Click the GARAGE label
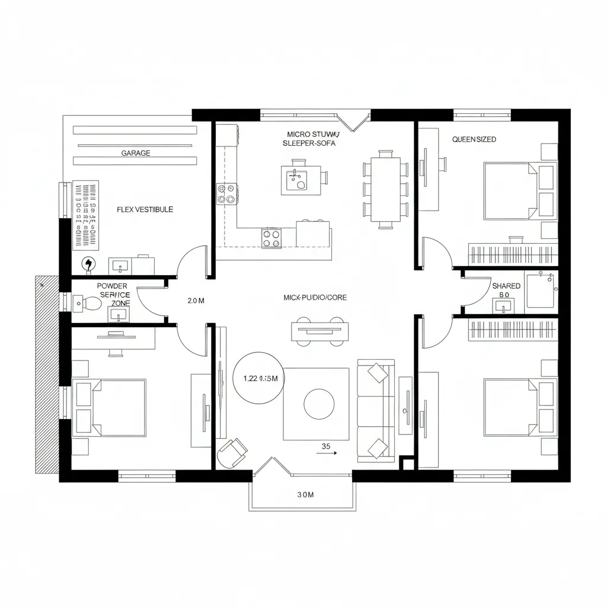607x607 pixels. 136,153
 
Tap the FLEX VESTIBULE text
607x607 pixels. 145,210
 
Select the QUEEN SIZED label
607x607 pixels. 474,139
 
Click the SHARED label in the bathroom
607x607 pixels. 506,286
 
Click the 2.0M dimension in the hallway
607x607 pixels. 196,301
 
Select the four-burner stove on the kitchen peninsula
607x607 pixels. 271,238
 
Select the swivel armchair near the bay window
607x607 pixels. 232,453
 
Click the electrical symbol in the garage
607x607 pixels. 88,264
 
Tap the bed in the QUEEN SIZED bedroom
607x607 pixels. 512,191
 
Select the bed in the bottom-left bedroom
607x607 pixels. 110,408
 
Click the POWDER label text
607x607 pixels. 112,286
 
